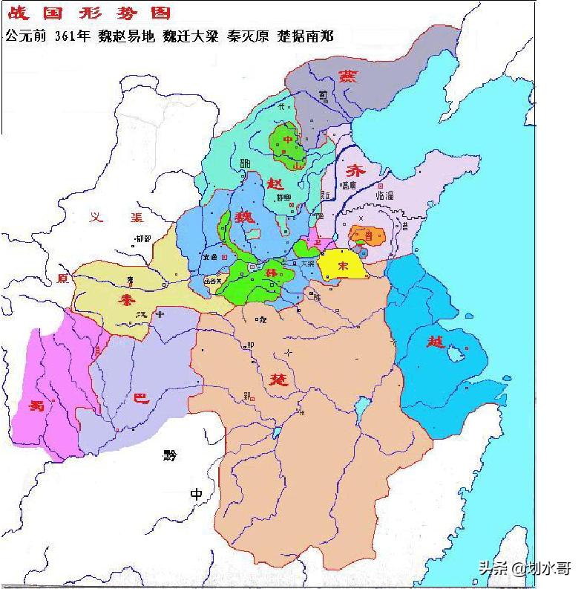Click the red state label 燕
tap(347, 75)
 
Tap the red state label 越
tap(436, 342)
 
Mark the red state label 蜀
tap(36, 405)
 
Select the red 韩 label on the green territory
tap(272, 273)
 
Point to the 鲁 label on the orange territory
tap(369, 235)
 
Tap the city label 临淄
tap(385, 195)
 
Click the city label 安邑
tap(210, 257)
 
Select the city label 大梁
tap(307, 263)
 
